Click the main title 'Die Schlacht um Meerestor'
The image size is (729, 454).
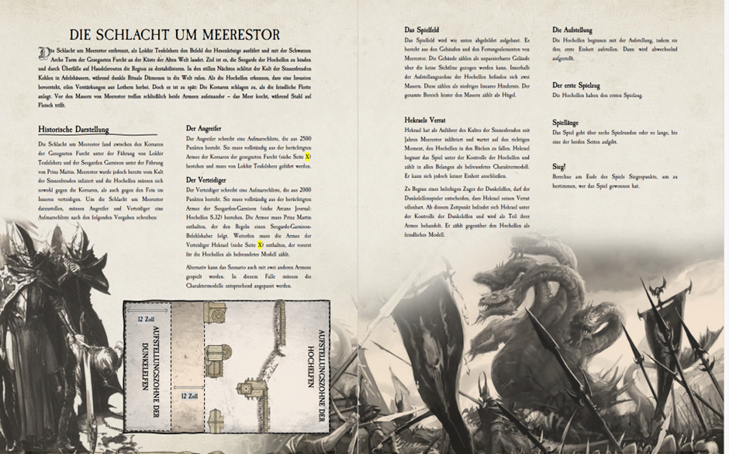pos(175,34)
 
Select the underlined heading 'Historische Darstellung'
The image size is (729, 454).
pos(73,130)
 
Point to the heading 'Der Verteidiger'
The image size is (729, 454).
pos(207,179)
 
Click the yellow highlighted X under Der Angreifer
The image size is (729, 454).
pos(308,157)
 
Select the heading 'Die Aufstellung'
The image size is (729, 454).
pos(572,30)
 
